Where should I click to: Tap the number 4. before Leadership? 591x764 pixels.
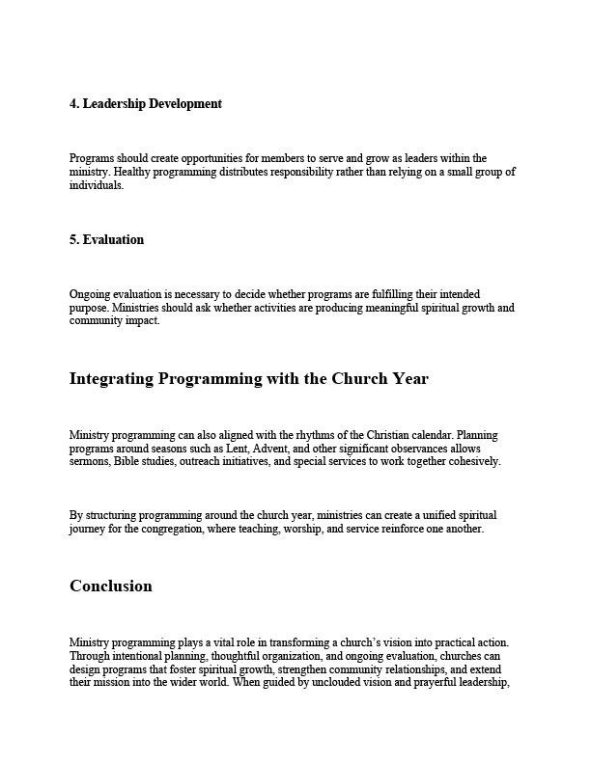74,103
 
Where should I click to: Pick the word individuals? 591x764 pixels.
96,185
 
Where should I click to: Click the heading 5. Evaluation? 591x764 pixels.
106,240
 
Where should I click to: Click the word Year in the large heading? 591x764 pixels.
409,379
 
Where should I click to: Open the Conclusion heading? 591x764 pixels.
110,587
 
